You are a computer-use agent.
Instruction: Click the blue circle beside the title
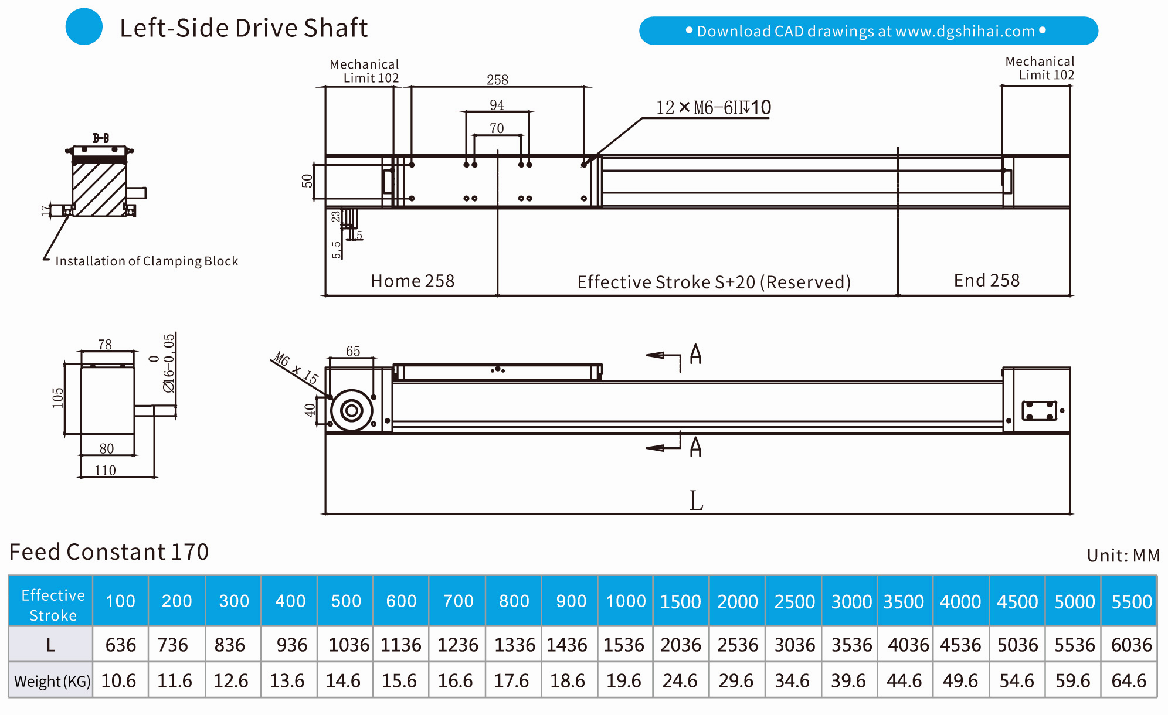coord(84,26)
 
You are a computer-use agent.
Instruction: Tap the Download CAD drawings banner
coord(868,30)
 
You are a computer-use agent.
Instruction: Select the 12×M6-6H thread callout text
coord(713,108)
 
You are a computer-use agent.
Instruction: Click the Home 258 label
coord(412,281)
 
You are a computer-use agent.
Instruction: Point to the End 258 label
coord(986,280)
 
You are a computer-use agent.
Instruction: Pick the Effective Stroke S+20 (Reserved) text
coord(714,282)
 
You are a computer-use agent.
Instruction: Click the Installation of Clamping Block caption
coord(147,261)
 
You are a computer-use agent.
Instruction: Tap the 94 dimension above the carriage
coord(497,105)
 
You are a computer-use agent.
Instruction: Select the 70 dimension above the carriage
coord(497,128)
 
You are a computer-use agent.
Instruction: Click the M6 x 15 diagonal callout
coord(296,367)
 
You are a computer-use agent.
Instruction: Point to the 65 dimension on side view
coord(352,350)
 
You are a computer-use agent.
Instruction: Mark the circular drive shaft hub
coord(352,411)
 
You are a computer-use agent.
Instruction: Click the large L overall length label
coord(696,501)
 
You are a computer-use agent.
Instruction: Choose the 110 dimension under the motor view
coord(105,470)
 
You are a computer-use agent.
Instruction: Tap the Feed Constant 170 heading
coord(109,551)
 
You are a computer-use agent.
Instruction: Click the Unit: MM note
coord(1123,555)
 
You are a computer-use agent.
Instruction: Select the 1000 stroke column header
coord(625,601)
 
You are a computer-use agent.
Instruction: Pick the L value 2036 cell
coord(680,645)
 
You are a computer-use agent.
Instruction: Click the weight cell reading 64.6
coord(1129,680)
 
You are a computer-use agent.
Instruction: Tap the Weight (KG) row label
coord(52,681)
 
